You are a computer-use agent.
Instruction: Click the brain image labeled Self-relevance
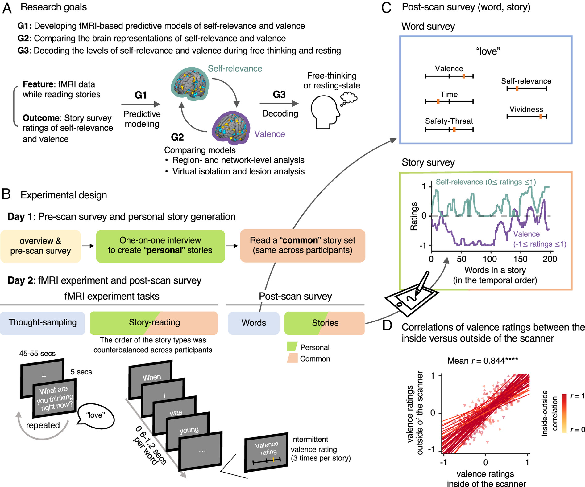(x=190, y=84)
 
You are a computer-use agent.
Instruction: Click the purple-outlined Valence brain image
(x=231, y=128)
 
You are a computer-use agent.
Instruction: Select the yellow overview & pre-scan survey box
(x=40, y=246)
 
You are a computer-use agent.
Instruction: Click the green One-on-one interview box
(x=160, y=246)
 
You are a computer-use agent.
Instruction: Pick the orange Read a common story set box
(x=302, y=245)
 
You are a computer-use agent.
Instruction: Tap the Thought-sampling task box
(x=42, y=323)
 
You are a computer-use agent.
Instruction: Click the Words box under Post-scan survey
(x=254, y=323)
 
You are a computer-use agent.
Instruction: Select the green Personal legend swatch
(x=292, y=347)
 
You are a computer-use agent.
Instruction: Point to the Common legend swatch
(x=292, y=358)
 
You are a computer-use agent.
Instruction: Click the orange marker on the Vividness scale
(x=541, y=116)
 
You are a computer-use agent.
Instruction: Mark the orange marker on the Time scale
(x=438, y=101)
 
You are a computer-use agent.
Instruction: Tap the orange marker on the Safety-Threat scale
(x=454, y=130)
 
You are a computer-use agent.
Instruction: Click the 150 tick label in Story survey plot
(x=521, y=259)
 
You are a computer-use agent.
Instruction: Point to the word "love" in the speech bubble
(x=95, y=415)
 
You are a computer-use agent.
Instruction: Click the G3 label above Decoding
(x=279, y=95)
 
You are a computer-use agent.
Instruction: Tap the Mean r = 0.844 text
(x=483, y=361)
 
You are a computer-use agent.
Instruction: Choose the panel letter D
(x=387, y=326)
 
